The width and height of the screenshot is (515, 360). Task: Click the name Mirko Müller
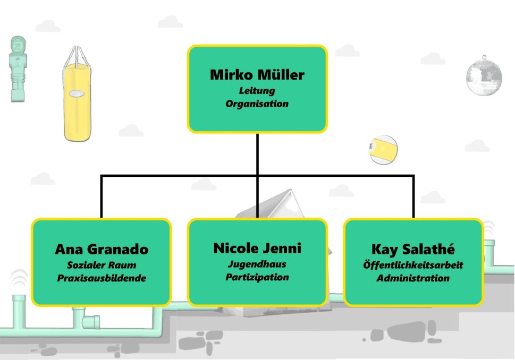point(257,75)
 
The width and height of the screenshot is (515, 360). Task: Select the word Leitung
point(257,91)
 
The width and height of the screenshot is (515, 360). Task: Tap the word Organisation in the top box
point(257,104)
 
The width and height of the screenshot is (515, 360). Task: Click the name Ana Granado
point(102,249)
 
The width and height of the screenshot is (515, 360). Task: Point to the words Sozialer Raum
point(102,265)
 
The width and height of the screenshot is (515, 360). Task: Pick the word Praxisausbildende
point(102,278)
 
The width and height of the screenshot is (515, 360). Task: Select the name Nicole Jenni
point(257,247)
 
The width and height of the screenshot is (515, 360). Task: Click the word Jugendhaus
point(257,263)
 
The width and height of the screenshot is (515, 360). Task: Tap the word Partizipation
point(257,277)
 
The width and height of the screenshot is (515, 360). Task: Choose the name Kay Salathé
point(413,249)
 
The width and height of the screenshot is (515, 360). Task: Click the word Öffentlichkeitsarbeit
point(413,265)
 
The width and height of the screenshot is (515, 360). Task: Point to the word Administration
point(413,278)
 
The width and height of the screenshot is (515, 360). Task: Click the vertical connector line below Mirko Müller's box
point(257,154)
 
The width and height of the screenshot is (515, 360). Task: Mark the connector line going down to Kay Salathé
point(413,196)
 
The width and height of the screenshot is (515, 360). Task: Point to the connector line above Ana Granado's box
point(102,196)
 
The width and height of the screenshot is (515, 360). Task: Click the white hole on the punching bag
point(76,93)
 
